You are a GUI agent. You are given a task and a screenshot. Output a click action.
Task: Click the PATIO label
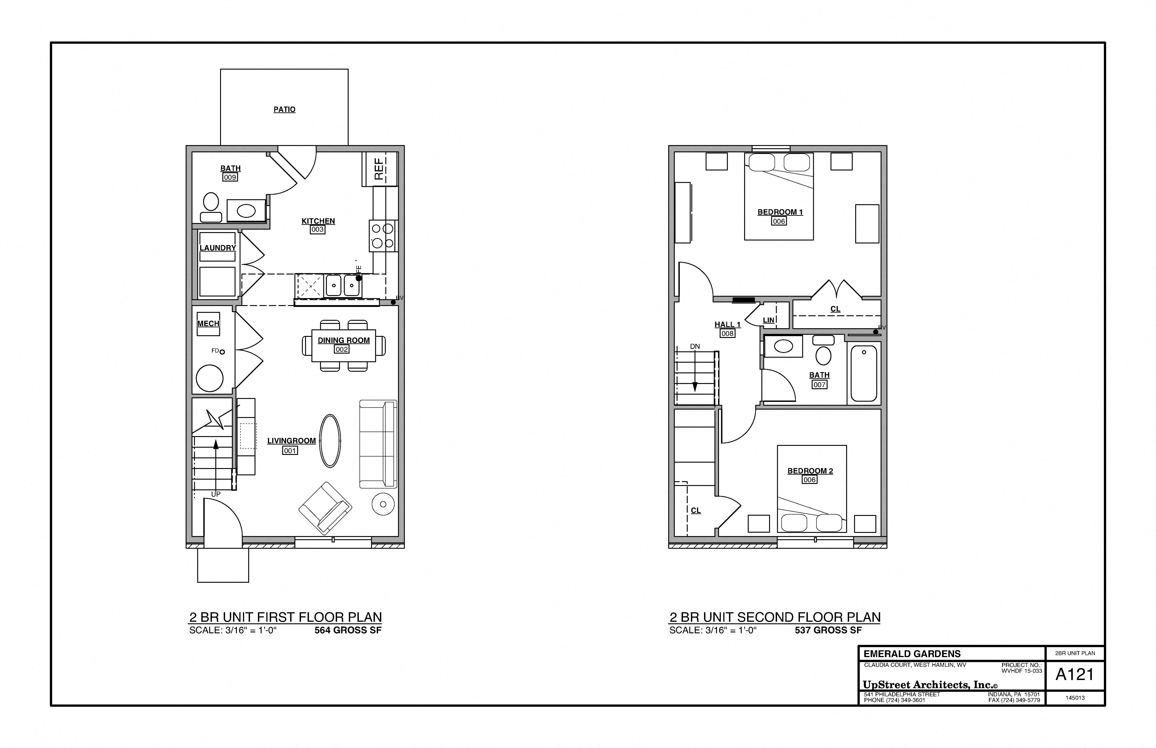[x=284, y=109]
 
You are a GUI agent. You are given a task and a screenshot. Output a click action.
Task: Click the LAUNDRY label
[x=218, y=248]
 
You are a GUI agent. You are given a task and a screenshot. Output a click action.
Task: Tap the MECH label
[x=208, y=323]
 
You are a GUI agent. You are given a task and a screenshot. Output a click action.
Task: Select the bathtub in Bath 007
[x=864, y=373]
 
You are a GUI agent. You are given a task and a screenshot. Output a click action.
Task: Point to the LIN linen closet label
[x=768, y=320]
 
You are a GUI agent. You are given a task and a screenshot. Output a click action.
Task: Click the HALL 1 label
[x=727, y=324]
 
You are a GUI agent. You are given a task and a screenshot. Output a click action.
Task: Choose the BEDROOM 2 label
[x=810, y=471]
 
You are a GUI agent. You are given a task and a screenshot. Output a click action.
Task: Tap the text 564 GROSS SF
[x=348, y=630]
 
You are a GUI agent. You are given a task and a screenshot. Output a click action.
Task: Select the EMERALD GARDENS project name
[x=912, y=654]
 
